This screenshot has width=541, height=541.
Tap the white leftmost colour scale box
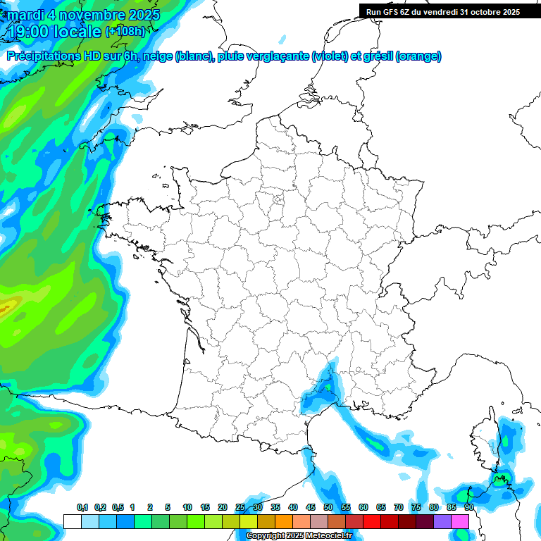(72, 521)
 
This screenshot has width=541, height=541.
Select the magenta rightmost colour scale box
(460, 521)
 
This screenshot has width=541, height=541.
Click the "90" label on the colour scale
(468, 507)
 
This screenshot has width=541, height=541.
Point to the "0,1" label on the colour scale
(82, 507)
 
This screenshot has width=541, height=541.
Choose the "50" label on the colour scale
(328, 507)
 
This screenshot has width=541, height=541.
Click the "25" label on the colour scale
(240, 507)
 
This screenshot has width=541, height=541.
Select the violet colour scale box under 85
(442, 521)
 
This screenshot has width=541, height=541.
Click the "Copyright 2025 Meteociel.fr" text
(299, 536)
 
